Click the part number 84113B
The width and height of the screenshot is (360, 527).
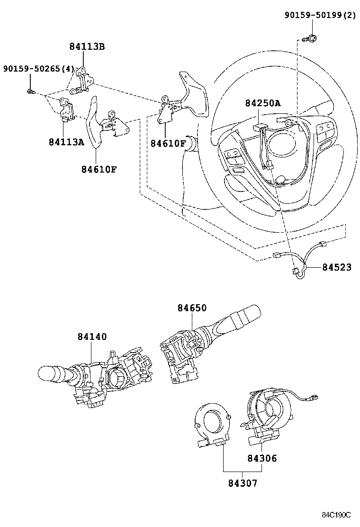click(x=87, y=46)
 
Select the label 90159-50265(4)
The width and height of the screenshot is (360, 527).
click(x=39, y=69)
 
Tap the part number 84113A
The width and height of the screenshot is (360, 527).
click(x=66, y=142)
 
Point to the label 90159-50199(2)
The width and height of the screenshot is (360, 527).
click(x=320, y=15)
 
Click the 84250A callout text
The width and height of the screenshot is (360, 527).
click(x=262, y=103)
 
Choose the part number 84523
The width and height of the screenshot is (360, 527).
click(x=337, y=267)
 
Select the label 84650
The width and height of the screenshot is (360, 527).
click(x=192, y=308)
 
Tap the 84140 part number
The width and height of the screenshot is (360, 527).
click(x=92, y=336)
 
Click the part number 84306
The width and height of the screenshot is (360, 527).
click(x=262, y=458)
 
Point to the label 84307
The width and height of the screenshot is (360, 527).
click(x=243, y=483)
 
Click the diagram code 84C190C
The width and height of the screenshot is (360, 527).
click(x=336, y=515)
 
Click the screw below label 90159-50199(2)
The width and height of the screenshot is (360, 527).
click(x=311, y=38)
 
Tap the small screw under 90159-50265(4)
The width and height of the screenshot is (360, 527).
click(x=31, y=91)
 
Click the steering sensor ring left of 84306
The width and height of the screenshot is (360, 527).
click(x=213, y=425)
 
